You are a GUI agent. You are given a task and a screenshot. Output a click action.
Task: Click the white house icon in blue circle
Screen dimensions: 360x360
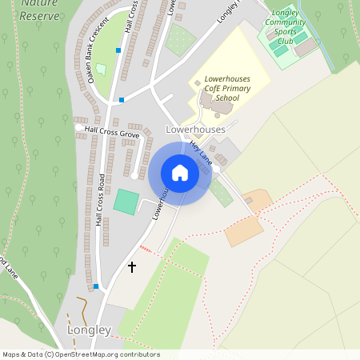click(x=180, y=173)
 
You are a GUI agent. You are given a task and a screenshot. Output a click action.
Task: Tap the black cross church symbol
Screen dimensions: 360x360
click(x=132, y=266)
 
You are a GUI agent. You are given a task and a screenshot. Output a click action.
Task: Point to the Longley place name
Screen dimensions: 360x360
click(x=89, y=330)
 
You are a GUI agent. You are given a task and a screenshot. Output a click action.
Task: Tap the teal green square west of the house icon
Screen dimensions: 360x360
click(x=126, y=201)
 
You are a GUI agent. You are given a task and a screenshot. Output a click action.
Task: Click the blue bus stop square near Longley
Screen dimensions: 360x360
click(x=96, y=286)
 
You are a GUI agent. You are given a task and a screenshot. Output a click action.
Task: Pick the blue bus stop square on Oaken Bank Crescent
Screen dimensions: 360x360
click(x=118, y=50)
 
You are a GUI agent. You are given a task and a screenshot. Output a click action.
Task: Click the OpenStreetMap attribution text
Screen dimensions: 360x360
click(x=80, y=354)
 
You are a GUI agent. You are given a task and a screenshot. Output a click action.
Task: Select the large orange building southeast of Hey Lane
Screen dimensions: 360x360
click(x=244, y=231)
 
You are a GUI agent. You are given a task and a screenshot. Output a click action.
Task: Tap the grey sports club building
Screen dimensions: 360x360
click(x=306, y=47)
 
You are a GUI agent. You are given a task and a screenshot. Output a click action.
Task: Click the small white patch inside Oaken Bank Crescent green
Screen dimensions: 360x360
click(x=101, y=70)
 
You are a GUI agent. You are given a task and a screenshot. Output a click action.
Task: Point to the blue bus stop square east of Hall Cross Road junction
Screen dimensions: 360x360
click(x=122, y=100)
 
